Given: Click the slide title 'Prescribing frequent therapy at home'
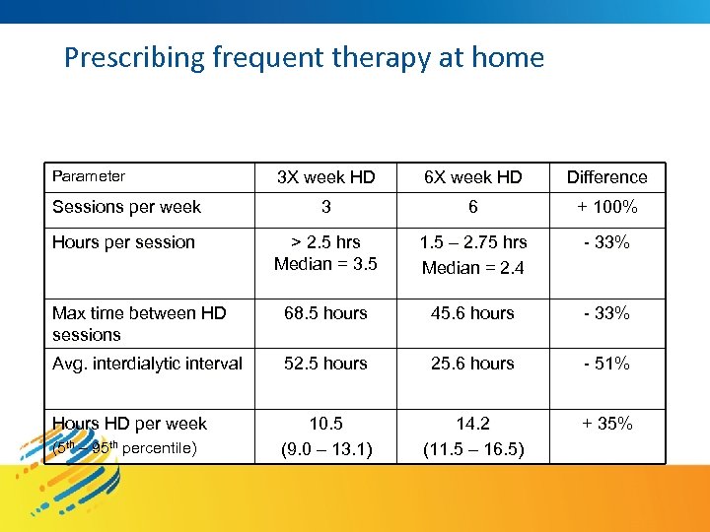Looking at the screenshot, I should tap(304, 57).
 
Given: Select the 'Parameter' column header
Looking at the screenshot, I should tap(89, 176).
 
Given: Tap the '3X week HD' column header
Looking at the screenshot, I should tap(325, 177).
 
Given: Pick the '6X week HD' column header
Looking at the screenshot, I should tap(472, 177).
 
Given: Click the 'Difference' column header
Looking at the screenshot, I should tap(606, 177).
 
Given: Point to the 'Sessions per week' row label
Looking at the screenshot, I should tap(126, 207).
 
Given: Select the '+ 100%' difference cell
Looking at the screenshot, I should tap(606, 207).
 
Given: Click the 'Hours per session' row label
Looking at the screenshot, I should tap(123, 242).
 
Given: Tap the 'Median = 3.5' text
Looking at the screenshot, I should tap(325, 264).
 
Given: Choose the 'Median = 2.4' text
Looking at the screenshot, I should tap(472, 267).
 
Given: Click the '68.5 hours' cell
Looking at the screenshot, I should tap(325, 313).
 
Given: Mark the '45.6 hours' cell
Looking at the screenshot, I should tap(472, 313).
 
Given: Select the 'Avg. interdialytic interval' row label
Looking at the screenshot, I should tap(147, 364).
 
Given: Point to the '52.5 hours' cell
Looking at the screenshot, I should tap(325, 364).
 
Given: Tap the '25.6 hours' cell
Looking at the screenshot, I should tap(472, 364).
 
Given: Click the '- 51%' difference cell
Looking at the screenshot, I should tap(606, 364).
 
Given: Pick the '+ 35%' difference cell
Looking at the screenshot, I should tap(606, 424).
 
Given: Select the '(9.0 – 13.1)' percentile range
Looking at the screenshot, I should tap(325, 450).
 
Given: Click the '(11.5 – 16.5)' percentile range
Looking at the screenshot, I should tap(472, 450).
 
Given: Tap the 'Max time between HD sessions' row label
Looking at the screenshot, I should tap(138, 324).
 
